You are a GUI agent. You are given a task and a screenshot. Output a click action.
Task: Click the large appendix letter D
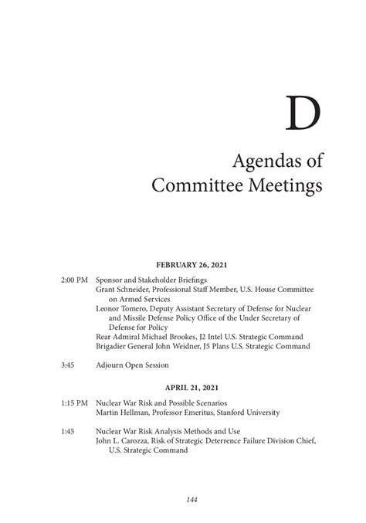point(302,114)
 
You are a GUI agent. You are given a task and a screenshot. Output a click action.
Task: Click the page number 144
point(192,500)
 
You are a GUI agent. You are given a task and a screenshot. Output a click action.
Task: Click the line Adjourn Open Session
point(137,365)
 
